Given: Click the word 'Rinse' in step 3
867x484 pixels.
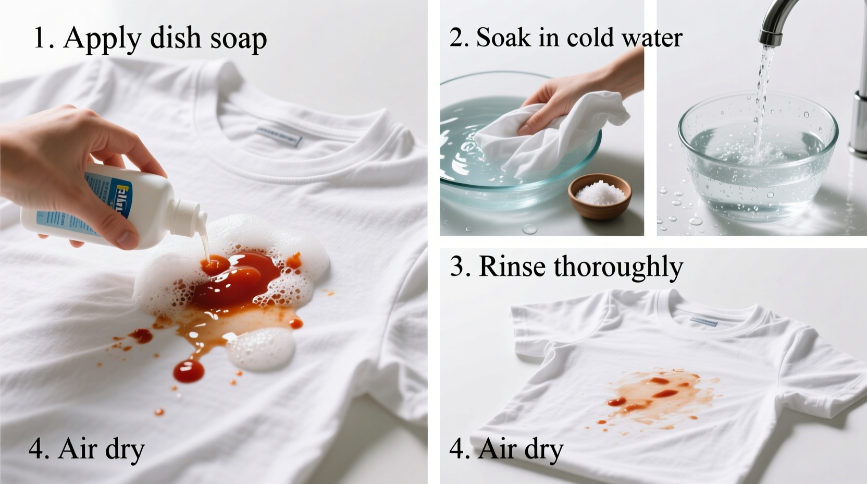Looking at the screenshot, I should (513, 267).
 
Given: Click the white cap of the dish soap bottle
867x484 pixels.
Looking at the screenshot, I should (189, 215).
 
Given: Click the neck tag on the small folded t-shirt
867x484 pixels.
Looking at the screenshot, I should (703, 321).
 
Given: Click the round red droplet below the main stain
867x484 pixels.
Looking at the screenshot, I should (189, 371).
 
